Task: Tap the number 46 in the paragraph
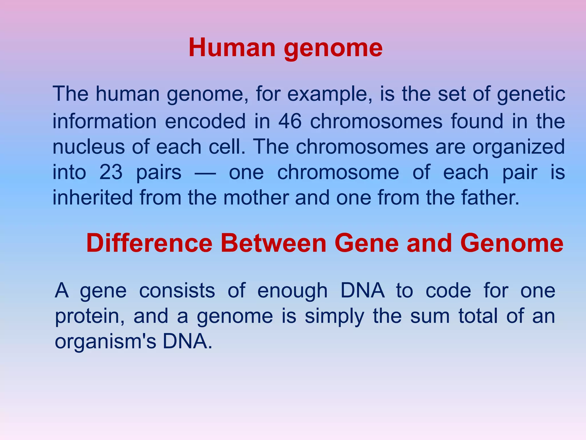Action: pyautogui.click(x=290, y=121)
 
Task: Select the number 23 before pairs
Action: pyautogui.click(x=111, y=172)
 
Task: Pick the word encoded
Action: pyautogui.click(x=205, y=121)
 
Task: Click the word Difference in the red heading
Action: pyautogui.click(x=149, y=243)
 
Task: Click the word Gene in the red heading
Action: pyautogui.click(x=367, y=243)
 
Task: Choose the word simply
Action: pyautogui.click(x=334, y=317)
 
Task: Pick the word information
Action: pyautogui.click(x=104, y=121)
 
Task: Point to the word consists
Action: pyautogui.click(x=177, y=291)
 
